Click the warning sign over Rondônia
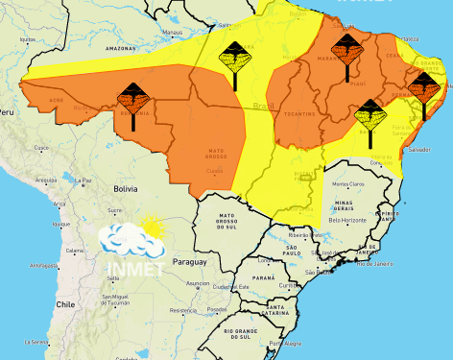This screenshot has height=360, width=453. pyautogui.click(x=132, y=97)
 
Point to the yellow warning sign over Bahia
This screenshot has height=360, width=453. pyautogui.click(x=370, y=113)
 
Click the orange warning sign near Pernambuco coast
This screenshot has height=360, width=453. pyautogui.click(x=423, y=87)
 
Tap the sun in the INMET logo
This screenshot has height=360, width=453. pyautogui.click(x=151, y=228)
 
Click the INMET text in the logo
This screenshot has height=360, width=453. pyautogui.click(x=133, y=262)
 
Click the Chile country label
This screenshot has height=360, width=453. pyautogui.click(x=64, y=303)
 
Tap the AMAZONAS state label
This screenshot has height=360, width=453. pyautogui.click(x=121, y=47)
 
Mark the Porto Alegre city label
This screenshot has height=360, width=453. pyautogui.click(x=283, y=344)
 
